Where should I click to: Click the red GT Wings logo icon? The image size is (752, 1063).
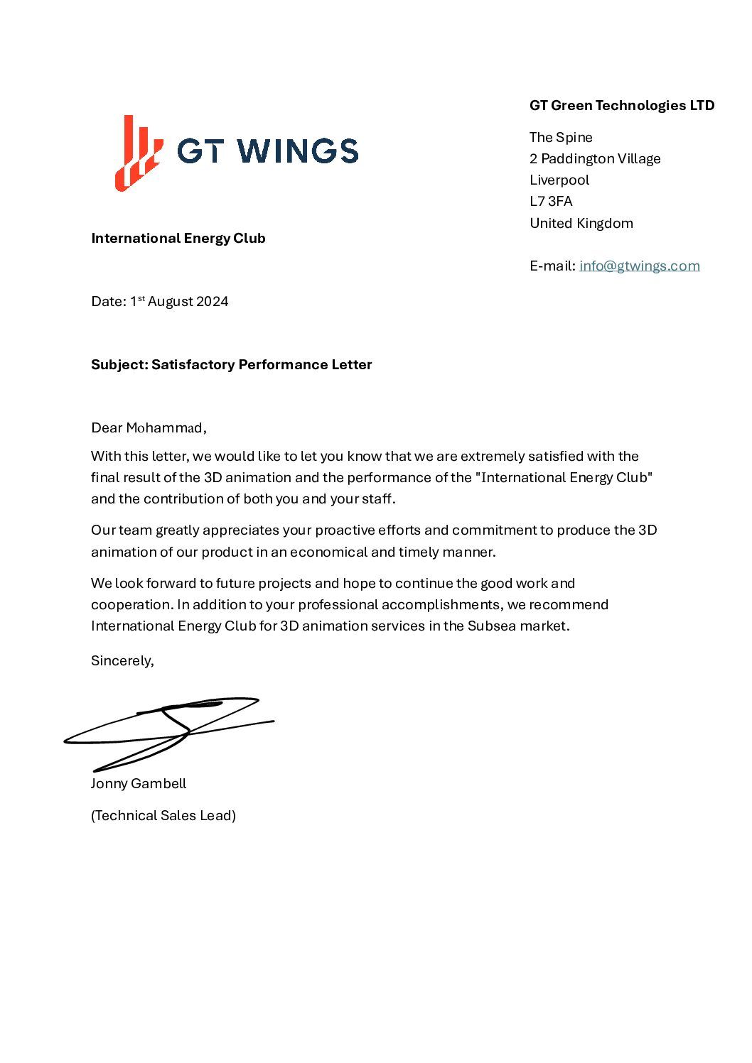(138, 153)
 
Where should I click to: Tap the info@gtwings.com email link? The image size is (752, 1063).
(639, 266)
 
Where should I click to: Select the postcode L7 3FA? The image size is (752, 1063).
(551, 202)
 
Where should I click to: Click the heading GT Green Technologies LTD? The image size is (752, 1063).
(621, 106)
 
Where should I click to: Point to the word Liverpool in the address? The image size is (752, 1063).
(559, 180)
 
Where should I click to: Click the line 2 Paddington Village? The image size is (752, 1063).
(595, 159)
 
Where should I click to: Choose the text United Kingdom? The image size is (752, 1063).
(581, 223)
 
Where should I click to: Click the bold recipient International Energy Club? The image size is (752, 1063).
(178, 239)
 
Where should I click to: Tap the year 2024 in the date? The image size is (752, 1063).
(212, 302)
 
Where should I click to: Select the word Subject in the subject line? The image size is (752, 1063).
(119, 365)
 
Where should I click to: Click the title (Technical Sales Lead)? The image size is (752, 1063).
(163, 816)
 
